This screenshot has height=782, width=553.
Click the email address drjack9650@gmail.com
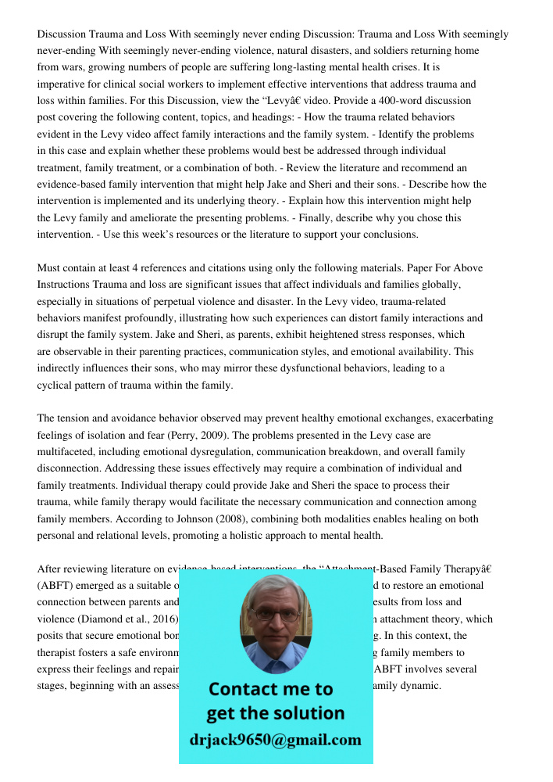click(x=276, y=740)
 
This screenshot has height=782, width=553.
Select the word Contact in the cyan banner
click(x=250, y=689)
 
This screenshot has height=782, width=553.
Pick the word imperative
click(x=63, y=84)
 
